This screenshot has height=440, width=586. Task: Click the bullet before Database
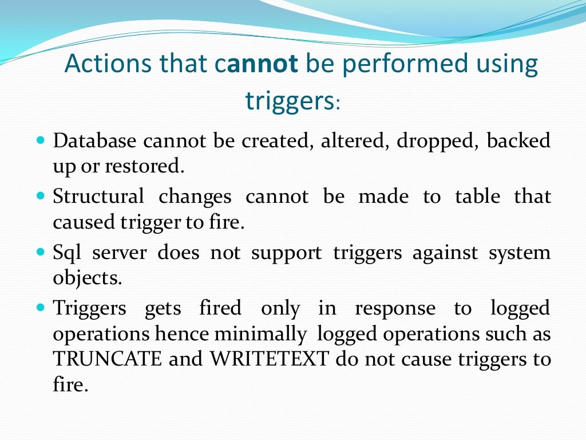click(x=40, y=140)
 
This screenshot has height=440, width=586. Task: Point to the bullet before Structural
click(x=40, y=196)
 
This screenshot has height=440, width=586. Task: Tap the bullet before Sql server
click(x=40, y=252)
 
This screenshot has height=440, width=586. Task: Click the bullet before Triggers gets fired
click(x=40, y=308)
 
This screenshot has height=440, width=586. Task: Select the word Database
click(x=94, y=140)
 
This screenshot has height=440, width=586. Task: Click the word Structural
click(x=98, y=197)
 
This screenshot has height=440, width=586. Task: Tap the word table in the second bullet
click(x=477, y=197)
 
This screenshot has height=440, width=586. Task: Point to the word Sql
click(x=66, y=253)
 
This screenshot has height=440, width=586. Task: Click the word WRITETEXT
click(x=270, y=360)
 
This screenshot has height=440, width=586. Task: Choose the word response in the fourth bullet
click(x=395, y=309)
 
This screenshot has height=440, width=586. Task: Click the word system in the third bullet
click(x=519, y=253)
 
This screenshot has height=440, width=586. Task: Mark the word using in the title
click(x=504, y=64)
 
